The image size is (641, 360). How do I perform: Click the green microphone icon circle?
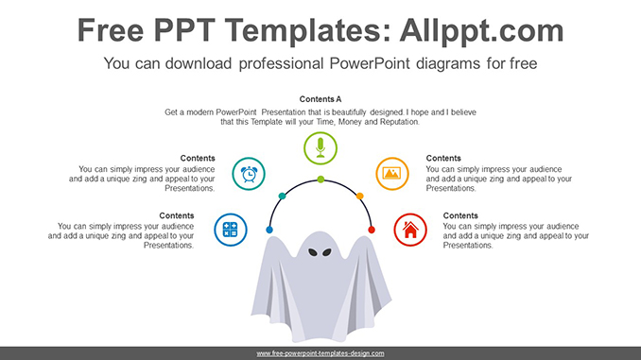tap(320, 148)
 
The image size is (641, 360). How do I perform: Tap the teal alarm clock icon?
tap(250, 174)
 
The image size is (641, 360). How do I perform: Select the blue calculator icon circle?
tap(230, 229)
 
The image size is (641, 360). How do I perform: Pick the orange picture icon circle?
tap(391, 173)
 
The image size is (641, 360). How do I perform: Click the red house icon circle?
tap(410, 229)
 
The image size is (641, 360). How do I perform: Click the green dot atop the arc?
tap(320, 179)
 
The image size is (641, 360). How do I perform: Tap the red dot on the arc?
tap(372, 230)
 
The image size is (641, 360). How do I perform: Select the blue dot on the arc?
tap(269, 230)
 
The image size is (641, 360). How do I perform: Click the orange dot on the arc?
tap(360, 197)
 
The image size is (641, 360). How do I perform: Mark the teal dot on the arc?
tap(281, 197)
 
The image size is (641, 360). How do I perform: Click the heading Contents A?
tap(320, 99)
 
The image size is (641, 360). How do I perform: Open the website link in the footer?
tap(320, 352)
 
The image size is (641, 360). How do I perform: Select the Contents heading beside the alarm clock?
tap(198, 158)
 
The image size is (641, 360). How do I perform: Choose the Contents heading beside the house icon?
tap(460, 215)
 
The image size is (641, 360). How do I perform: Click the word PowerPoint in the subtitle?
tap(360, 64)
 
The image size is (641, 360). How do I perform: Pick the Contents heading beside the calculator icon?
tap(177, 215)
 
